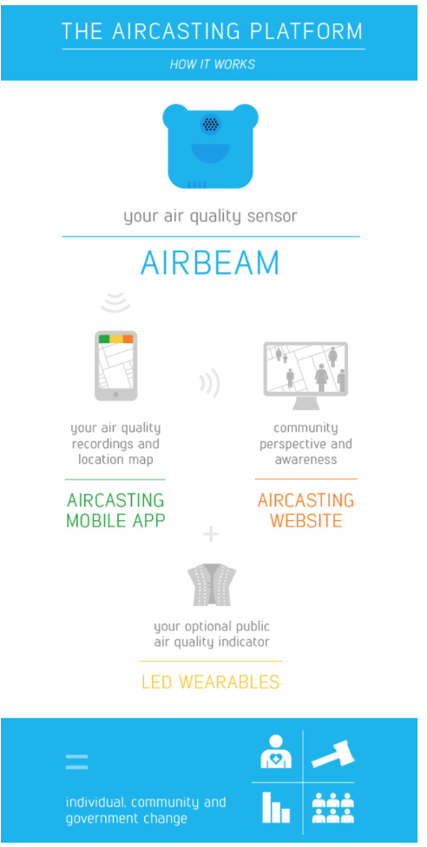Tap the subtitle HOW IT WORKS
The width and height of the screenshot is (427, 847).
point(213,65)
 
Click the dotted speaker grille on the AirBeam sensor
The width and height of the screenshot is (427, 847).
point(210,124)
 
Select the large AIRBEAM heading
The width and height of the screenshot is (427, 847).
point(210,263)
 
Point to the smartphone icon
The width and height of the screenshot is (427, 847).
point(115,366)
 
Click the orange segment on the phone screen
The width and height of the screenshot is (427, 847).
point(128,339)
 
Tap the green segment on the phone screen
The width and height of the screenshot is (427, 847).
point(104,339)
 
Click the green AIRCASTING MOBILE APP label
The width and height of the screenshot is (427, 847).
point(115,510)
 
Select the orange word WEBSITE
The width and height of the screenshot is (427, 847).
point(305,521)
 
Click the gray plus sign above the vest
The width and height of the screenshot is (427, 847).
point(211,534)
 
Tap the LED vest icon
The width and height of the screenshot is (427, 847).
point(212,584)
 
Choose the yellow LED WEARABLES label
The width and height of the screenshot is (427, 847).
point(211,681)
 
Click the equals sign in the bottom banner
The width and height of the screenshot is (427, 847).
point(76,762)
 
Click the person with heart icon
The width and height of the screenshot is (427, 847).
point(276,752)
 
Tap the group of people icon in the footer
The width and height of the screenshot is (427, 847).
point(333,808)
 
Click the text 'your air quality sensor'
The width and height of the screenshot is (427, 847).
point(210,217)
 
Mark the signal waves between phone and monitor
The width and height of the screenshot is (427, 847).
point(211,382)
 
